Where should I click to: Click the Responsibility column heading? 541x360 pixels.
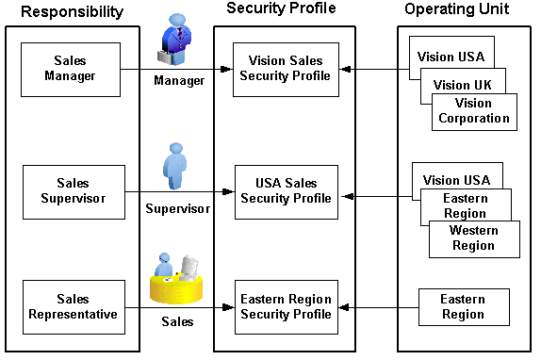(x=72, y=12)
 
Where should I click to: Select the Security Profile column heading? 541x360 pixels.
(x=283, y=8)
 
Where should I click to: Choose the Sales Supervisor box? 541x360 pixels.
(x=73, y=191)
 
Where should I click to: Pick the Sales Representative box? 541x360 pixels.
(x=73, y=307)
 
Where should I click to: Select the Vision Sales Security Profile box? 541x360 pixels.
(x=286, y=69)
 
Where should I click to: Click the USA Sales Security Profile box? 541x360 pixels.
(x=286, y=191)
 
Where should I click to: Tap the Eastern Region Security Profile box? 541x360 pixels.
(x=286, y=307)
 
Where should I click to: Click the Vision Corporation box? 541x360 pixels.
(x=473, y=110)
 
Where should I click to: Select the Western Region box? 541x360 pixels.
(x=473, y=238)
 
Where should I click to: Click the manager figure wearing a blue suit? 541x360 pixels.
(x=177, y=43)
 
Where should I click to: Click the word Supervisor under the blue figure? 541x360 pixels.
(x=177, y=208)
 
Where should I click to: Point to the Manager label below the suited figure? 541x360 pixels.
(x=179, y=81)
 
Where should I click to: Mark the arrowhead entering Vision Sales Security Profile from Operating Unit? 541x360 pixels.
(x=345, y=70)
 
